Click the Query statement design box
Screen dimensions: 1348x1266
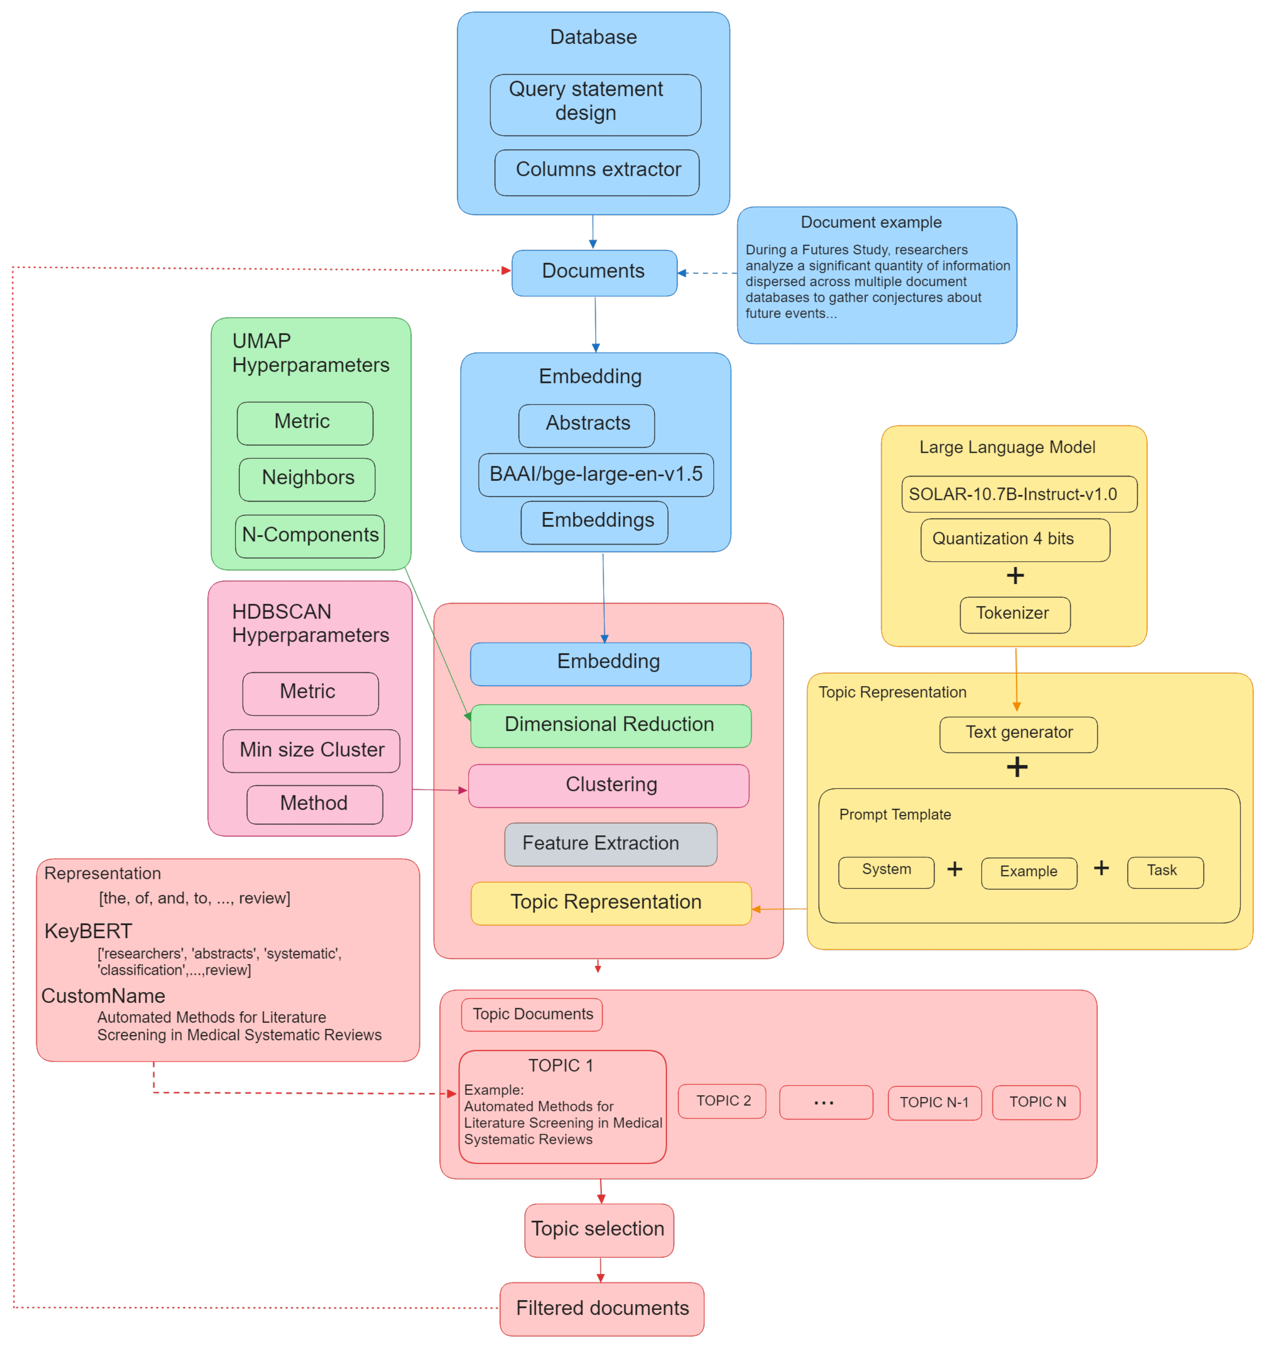pyautogui.click(x=595, y=105)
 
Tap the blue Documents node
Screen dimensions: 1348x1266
pyautogui.click(x=593, y=273)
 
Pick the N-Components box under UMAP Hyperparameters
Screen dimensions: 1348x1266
pyautogui.click(x=309, y=536)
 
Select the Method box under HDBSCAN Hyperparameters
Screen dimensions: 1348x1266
pyautogui.click(x=314, y=804)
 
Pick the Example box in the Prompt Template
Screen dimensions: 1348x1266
pyautogui.click(x=1028, y=872)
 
